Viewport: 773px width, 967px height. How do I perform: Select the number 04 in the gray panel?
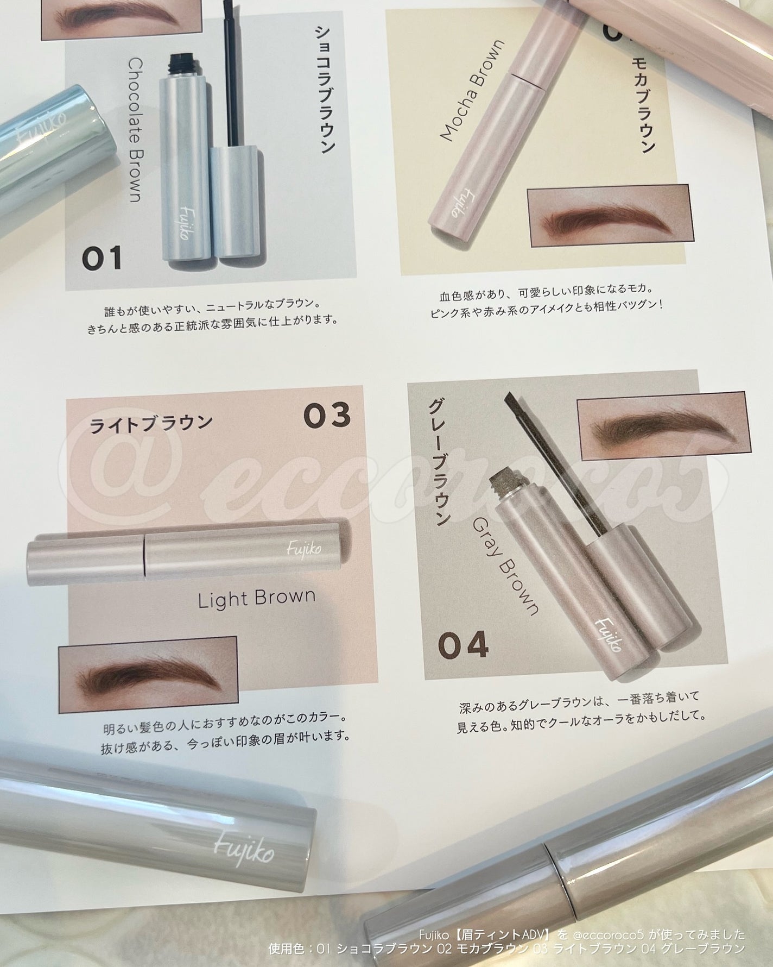464,646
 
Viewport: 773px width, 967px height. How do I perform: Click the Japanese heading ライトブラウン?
150,422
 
